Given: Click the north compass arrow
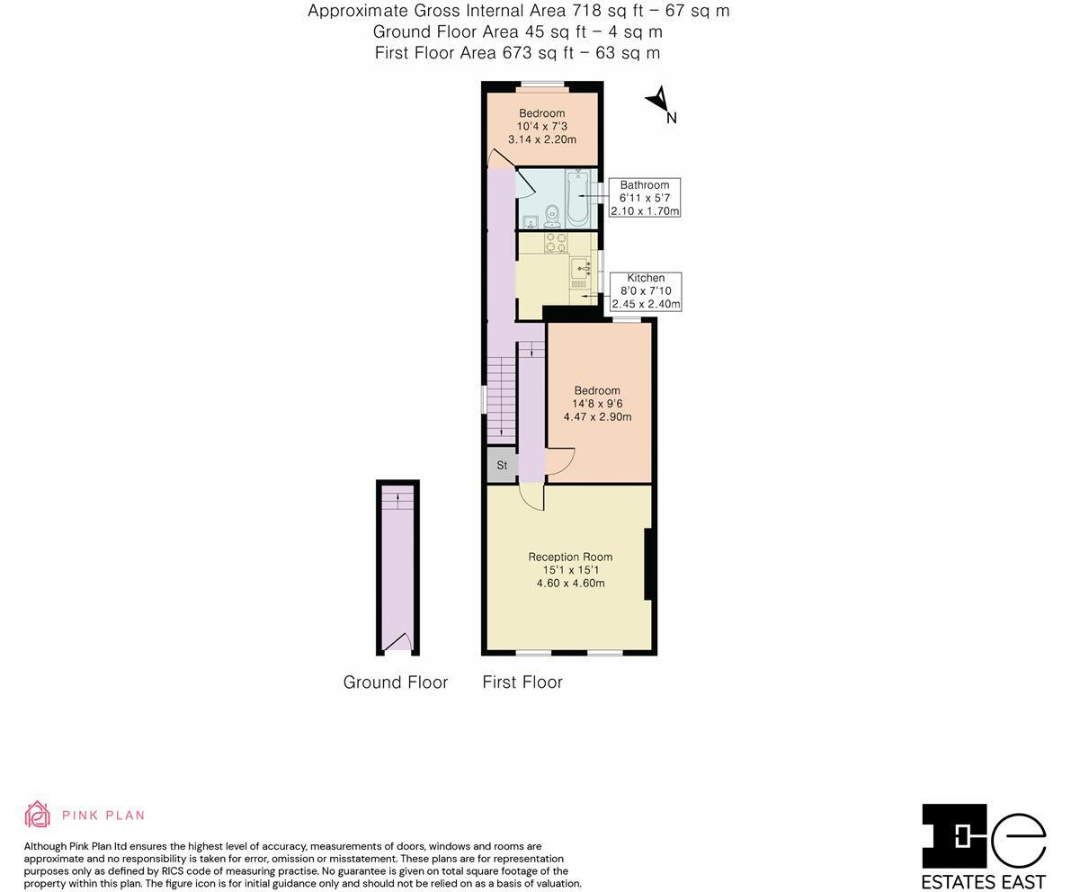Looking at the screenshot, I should click(659, 101).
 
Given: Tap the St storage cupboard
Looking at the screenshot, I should click(502, 465).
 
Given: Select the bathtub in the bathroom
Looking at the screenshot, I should click(577, 199).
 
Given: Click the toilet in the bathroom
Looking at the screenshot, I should click(551, 215).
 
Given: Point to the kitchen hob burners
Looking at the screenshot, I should click(555, 243).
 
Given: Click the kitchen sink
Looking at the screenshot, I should click(581, 267).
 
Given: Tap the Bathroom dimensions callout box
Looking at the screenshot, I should click(645, 198).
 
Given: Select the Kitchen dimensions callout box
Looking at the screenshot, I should click(646, 291).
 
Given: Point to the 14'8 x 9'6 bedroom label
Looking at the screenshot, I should click(597, 404).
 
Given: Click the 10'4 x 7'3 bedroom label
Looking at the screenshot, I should click(541, 127).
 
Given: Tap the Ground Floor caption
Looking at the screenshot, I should click(396, 682).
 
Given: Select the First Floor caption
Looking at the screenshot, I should click(522, 682).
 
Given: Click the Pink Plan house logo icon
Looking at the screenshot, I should click(37, 815).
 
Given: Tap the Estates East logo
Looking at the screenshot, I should click(984, 845).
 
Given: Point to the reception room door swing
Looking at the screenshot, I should click(531, 497).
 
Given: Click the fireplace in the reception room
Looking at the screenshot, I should click(648, 564).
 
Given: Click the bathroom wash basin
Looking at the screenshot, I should click(530, 221).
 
